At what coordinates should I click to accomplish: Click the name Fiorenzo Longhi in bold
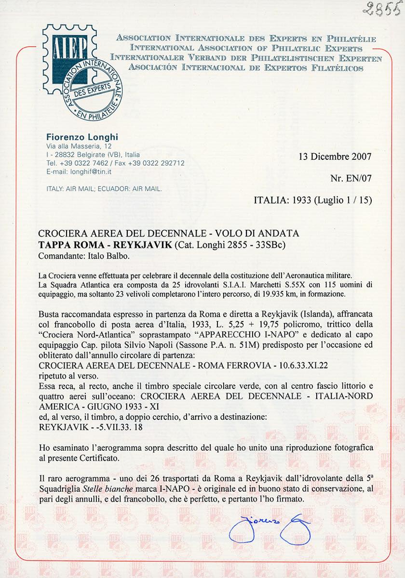point(82,137)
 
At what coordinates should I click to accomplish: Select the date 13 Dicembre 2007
point(336,157)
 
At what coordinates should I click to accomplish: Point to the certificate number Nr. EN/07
point(351,179)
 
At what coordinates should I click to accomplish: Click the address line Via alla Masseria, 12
point(80,146)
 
